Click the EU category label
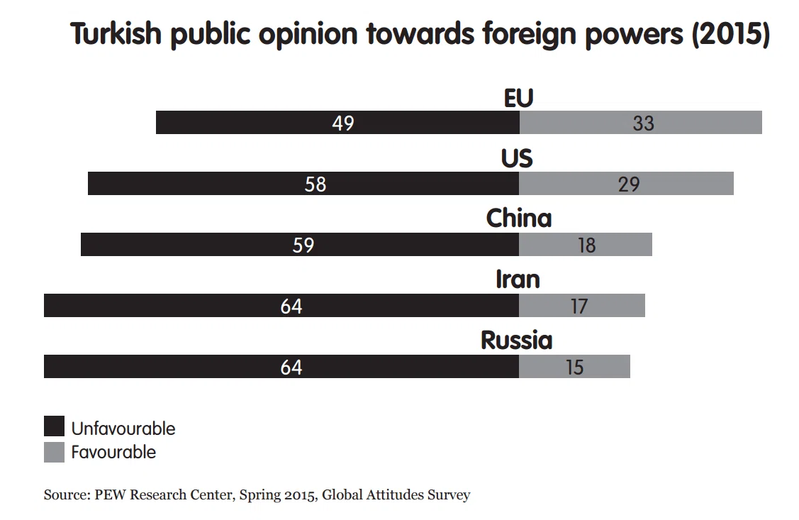(518, 99)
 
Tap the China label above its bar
(519, 218)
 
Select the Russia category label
(516, 340)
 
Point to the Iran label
(518, 280)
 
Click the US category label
(517, 158)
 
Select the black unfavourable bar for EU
(338, 122)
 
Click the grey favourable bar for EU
(640, 122)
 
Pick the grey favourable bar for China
(586, 244)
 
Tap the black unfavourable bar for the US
(303, 184)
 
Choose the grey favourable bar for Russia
(575, 367)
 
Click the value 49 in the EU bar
(343, 123)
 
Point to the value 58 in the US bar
(315, 184)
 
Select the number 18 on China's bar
(586, 245)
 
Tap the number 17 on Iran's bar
(579, 306)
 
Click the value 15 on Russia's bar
(574, 367)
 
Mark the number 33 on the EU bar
(643, 123)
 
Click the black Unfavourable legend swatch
(54, 426)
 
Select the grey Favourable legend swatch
(54, 452)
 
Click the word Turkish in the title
(116, 33)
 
